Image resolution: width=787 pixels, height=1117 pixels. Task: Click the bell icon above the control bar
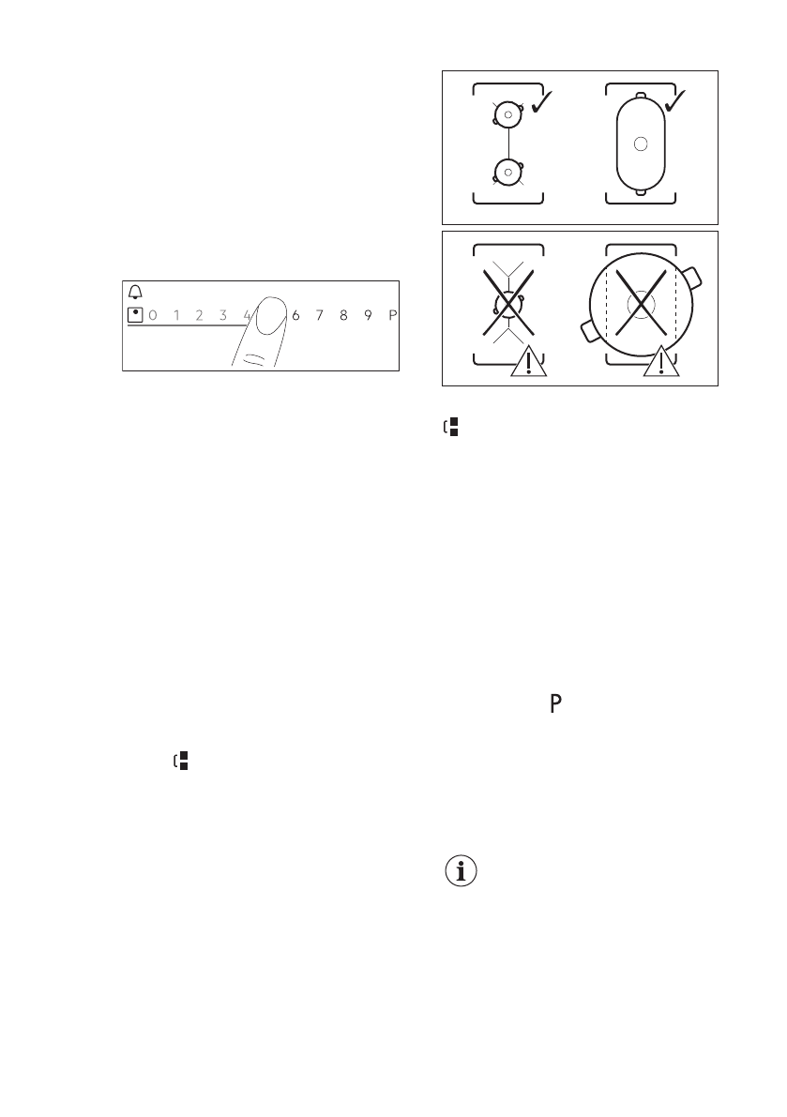point(133,292)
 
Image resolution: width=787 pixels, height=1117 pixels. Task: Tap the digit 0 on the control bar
point(152,315)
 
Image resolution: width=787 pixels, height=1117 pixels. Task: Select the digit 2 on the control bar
point(199,315)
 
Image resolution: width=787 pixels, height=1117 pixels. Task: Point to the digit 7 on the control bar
point(319,315)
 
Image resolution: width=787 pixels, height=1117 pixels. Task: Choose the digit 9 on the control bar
point(368,315)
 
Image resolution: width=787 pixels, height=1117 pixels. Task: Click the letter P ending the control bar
point(392,315)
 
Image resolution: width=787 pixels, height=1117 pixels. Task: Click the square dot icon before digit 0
point(134,315)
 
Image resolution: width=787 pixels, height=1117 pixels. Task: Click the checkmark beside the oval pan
point(675,103)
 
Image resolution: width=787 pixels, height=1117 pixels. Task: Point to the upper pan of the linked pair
point(507,115)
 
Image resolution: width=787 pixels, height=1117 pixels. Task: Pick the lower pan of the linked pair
point(507,172)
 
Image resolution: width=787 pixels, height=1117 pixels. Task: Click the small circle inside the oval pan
point(640,143)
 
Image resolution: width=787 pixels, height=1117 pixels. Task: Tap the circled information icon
point(460,871)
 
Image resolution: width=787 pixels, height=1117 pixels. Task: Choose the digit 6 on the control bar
point(295,315)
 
